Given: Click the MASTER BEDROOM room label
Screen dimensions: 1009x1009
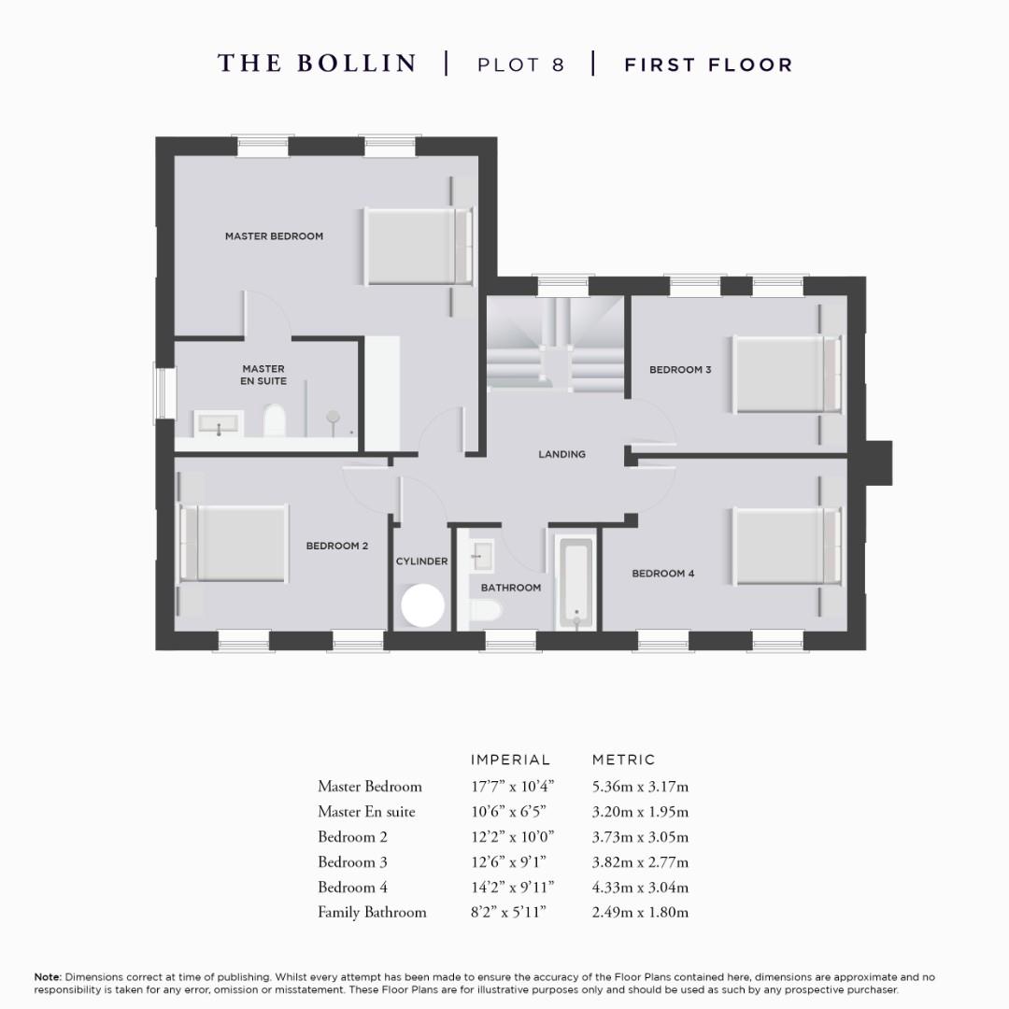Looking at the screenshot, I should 274,236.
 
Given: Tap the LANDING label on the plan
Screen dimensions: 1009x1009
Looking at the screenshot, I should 561,454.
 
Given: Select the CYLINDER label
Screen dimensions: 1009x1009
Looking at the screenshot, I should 421,561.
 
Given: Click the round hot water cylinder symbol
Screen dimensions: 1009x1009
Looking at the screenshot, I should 422,605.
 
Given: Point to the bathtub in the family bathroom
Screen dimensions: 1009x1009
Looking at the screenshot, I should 573,581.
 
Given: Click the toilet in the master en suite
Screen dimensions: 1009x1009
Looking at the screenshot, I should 275,420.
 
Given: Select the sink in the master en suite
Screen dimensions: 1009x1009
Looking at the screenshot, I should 219,424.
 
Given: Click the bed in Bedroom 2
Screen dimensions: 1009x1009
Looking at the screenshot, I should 238,544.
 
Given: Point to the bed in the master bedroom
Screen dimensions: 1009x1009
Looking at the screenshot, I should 415,246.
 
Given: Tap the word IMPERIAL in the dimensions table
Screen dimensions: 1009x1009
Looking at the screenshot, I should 510,760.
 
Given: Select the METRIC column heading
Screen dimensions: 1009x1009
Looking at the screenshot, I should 624,760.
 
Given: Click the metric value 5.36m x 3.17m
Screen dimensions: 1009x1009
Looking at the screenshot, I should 640,787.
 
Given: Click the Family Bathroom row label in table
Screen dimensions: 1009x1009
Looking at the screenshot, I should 372,913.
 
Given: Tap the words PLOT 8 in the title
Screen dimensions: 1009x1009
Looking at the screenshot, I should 520,64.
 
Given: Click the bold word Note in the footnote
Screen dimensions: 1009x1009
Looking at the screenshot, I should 48,977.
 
